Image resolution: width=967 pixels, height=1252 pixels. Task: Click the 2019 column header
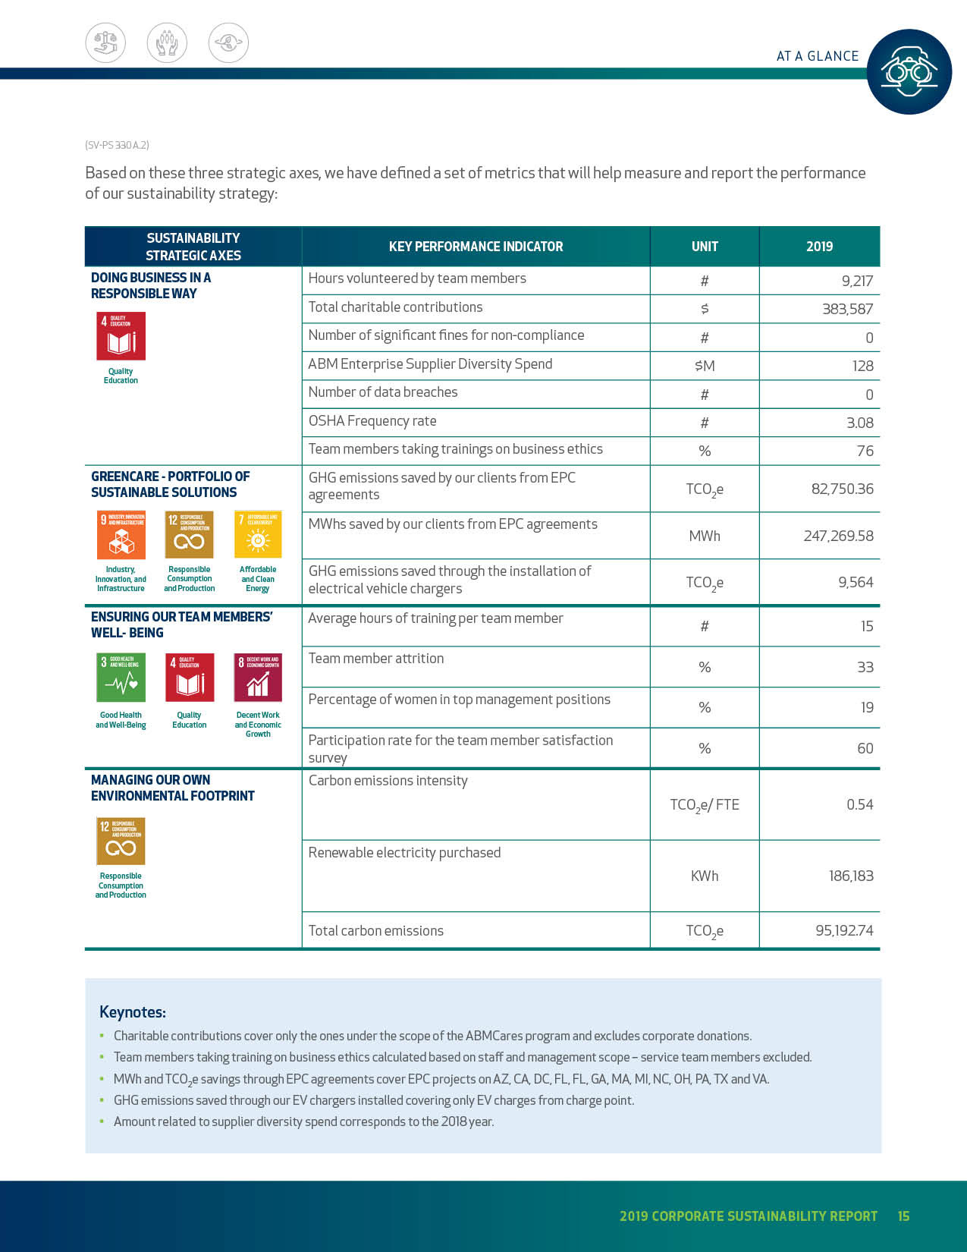click(819, 247)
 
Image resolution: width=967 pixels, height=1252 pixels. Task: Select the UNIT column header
click(705, 247)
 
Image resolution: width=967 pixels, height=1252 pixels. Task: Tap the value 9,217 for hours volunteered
click(857, 281)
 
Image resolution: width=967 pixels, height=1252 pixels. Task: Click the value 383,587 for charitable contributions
click(847, 309)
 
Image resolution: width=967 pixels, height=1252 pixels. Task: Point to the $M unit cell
click(705, 366)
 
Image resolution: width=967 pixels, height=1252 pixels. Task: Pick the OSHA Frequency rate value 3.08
click(859, 423)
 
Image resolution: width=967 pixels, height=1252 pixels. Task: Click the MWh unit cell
click(705, 536)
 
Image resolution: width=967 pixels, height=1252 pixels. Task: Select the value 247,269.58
click(838, 536)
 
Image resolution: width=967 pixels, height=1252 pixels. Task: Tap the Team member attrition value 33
click(865, 667)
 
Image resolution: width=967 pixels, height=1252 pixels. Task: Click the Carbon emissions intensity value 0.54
click(859, 804)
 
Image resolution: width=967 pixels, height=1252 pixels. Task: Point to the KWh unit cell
click(705, 876)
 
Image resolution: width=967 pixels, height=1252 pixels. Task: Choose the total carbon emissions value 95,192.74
click(844, 930)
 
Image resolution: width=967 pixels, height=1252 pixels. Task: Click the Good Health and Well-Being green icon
click(121, 678)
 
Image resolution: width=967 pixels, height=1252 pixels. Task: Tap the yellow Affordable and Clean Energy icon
click(258, 535)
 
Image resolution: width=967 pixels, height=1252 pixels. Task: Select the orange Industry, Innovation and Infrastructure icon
click(121, 535)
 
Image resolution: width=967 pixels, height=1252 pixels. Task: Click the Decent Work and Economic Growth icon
click(258, 678)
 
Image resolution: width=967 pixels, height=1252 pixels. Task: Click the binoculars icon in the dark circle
click(909, 72)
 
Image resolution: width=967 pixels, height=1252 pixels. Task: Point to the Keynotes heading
click(133, 1012)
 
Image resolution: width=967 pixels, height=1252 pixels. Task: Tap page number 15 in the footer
click(903, 1216)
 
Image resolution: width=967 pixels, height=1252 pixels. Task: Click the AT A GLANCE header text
click(818, 56)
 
